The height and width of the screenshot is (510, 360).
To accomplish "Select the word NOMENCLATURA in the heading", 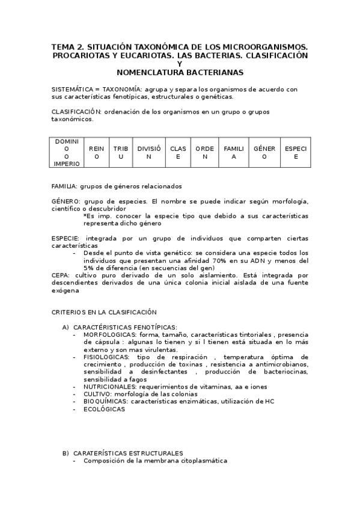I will (148, 72).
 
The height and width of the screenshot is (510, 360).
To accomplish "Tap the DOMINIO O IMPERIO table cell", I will (67, 152).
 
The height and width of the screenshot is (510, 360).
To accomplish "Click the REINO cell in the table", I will (96, 152).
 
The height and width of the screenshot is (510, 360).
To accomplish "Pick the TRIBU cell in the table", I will (121, 152).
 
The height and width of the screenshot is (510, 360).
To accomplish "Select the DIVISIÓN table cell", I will (149, 152).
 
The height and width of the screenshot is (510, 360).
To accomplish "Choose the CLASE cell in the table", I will (178, 152).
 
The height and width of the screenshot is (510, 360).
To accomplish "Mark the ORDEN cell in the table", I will (204, 152).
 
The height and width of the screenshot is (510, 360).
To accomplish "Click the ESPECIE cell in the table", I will (295, 152).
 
